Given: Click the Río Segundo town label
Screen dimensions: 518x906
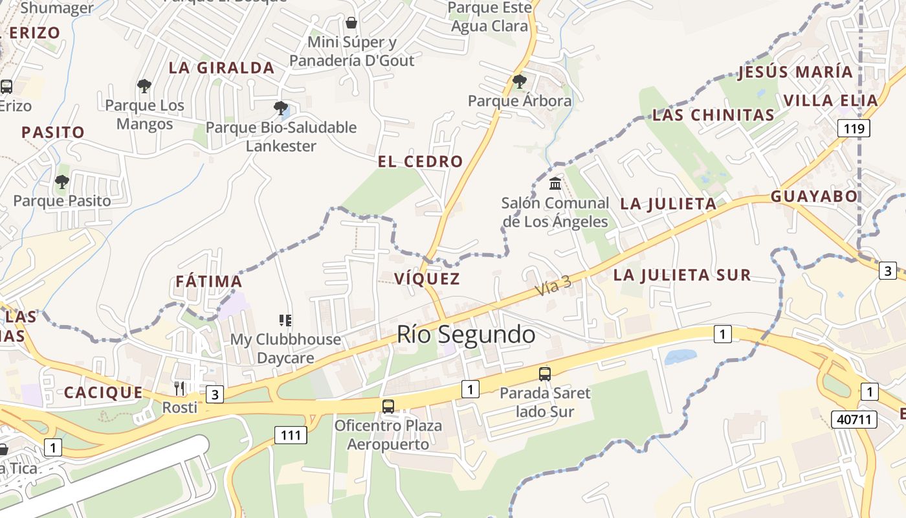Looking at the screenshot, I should click(466, 335).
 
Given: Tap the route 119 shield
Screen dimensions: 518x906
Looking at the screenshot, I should click(854, 128).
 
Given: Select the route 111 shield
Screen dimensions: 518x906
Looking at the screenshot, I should click(291, 435).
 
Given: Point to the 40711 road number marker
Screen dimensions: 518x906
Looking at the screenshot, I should click(854, 420).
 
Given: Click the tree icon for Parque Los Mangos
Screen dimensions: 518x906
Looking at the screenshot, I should click(144, 86).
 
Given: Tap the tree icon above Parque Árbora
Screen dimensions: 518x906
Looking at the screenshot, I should click(519, 82).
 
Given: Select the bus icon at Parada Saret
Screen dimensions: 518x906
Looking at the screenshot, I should click(545, 374).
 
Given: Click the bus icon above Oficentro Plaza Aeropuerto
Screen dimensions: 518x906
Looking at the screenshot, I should click(388, 406).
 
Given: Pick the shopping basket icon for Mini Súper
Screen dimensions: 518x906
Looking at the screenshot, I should click(351, 23).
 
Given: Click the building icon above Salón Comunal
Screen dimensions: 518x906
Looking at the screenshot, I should click(555, 184).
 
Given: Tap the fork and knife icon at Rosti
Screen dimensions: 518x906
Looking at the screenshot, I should click(179, 388).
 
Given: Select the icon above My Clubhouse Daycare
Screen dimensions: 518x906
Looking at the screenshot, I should click(285, 320).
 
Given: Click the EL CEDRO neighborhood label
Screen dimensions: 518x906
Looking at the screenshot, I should click(421, 162).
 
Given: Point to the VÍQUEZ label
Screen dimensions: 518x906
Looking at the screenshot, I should click(427, 279).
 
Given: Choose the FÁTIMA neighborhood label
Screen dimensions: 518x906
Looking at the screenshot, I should click(209, 282).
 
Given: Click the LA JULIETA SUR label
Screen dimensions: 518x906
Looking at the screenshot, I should click(682, 275).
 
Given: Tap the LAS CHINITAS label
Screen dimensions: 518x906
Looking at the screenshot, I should click(713, 115).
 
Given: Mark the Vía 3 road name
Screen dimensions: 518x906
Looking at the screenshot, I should click(553, 286).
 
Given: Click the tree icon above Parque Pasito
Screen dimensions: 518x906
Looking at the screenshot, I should click(62, 182).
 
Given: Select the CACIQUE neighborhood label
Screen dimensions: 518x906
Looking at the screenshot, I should click(104, 393).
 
